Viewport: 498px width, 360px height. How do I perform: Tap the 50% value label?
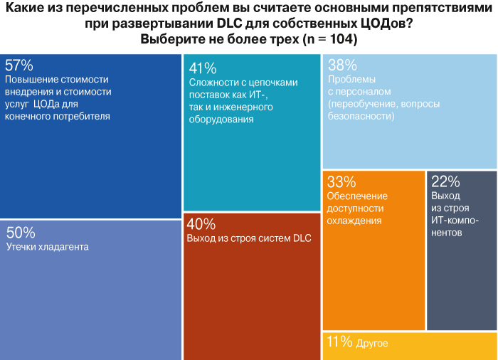pyautogui.click(x=20, y=232)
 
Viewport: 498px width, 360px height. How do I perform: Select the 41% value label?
pyautogui.click(x=202, y=68)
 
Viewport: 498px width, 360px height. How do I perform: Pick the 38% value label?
pyautogui.click(x=341, y=65)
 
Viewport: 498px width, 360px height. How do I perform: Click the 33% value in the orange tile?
pyautogui.click(x=340, y=181)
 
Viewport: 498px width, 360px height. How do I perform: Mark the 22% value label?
pyautogui.click(x=445, y=181)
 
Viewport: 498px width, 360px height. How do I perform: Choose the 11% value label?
pyautogui.click(x=339, y=342)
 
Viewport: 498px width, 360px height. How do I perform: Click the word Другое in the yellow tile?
pyautogui.click(x=373, y=344)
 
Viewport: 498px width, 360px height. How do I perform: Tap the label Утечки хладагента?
pyautogui.click(x=47, y=247)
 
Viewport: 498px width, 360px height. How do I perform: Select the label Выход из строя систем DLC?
pyautogui.click(x=249, y=238)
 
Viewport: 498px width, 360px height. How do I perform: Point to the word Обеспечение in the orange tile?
pyautogui.click(x=357, y=196)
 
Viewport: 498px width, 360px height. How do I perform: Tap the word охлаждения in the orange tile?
pyautogui.click(x=355, y=221)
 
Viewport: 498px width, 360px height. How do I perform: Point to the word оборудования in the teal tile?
pyautogui.click(x=221, y=120)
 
